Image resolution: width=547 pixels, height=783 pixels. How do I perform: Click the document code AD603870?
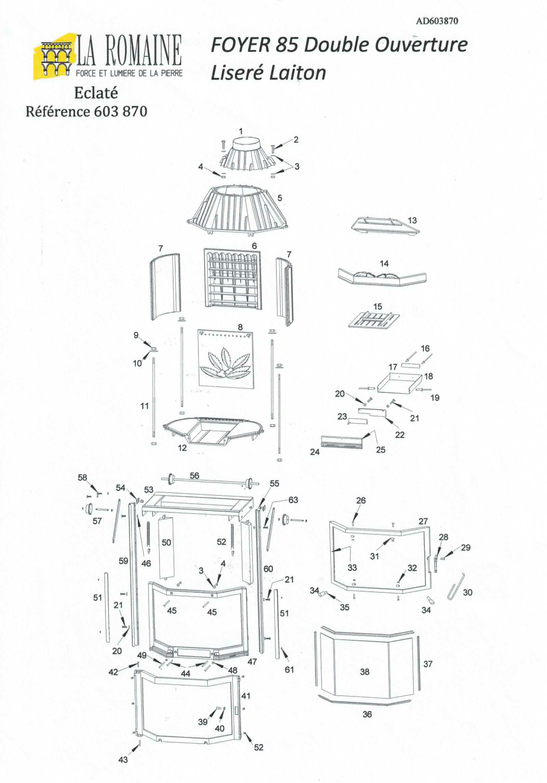[x=437, y=21]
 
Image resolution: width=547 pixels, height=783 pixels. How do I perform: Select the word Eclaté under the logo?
[x=96, y=93]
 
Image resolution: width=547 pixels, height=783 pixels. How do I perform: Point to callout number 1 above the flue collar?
[x=241, y=131]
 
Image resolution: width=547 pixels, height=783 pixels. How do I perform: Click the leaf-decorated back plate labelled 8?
[x=226, y=358]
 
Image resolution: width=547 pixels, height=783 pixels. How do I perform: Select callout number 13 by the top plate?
[x=413, y=220]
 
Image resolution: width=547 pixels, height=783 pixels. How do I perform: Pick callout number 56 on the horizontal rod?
[x=194, y=475]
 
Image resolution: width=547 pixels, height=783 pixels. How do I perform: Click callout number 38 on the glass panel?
[x=365, y=672]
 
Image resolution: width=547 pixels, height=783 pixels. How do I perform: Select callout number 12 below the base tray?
[x=182, y=448]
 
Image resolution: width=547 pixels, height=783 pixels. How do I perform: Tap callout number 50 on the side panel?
[x=166, y=542]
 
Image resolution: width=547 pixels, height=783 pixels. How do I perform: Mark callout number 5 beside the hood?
[x=280, y=198]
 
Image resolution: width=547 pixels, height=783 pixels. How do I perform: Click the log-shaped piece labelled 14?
[x=382, y=276]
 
